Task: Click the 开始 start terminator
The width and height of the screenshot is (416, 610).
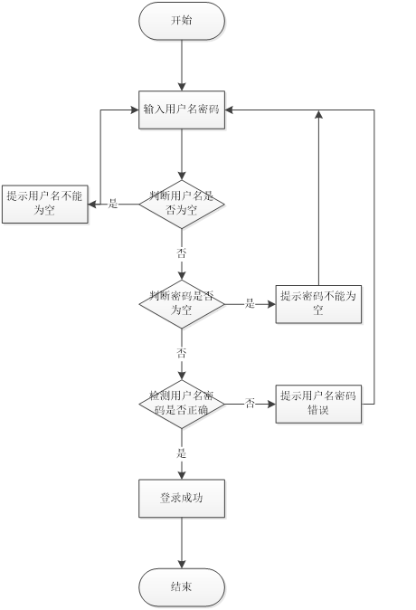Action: click(x=182, y=21)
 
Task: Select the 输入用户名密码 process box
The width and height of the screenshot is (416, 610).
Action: click(x=182, y=110)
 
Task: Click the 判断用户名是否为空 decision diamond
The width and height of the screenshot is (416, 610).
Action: click(x=182, y=204)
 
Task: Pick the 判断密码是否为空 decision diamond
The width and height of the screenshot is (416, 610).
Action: click(x=182, y=304)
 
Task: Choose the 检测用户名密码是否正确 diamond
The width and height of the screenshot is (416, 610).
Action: click(x=182, y=404)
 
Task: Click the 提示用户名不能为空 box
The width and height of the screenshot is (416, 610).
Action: click(x=44, y=204)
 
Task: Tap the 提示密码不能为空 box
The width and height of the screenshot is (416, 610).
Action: click(x=318, y=304)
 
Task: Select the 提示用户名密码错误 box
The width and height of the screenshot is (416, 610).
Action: click(x=318, y=404)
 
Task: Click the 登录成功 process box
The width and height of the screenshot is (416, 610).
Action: click(x=182, y=498)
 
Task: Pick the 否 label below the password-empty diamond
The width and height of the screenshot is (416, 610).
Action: click(x=182, y=352)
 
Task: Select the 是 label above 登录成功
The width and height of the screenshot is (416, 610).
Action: click(x=182, y=452)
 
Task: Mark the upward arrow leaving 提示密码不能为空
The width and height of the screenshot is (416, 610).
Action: click(x=318, y=199)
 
